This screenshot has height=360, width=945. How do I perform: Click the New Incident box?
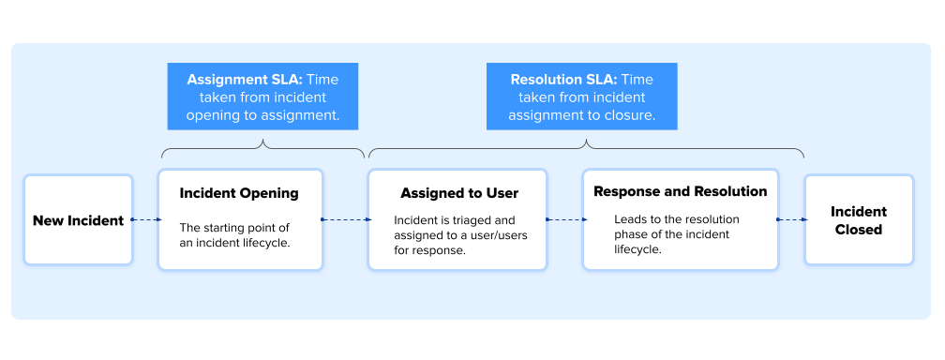pyautogui.click(x=79, y=220)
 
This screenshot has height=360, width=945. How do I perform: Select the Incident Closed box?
pyautogui.click(x=859, y=220)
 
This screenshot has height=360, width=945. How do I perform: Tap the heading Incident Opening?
pyautogui.click(x=239, y=193)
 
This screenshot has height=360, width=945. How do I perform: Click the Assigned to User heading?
pyautogui.click(x=459, y=193)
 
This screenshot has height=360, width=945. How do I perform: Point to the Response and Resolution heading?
pyautogui.click(x=681, y=192)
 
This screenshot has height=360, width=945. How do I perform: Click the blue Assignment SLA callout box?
pyautogui.click(x=262, y=97)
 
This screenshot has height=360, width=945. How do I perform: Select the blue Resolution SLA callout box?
pyautogui.click(x=581, y=97)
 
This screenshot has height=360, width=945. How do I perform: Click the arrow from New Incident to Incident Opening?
pyautogui.click(x=146, y=220)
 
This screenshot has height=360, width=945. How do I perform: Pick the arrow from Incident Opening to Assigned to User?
pyautogui.click(x=346, y=220)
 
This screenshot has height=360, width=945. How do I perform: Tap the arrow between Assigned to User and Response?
pyautogui.click(x=566, y=220)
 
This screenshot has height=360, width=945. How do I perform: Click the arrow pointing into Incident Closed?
pyautogui.click(x=792, y=220)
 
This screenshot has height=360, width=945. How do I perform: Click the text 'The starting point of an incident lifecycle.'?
pyautogui.click(x=235, y=235)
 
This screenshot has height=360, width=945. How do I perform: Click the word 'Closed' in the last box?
pyautogui.click(x=859, y=230)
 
